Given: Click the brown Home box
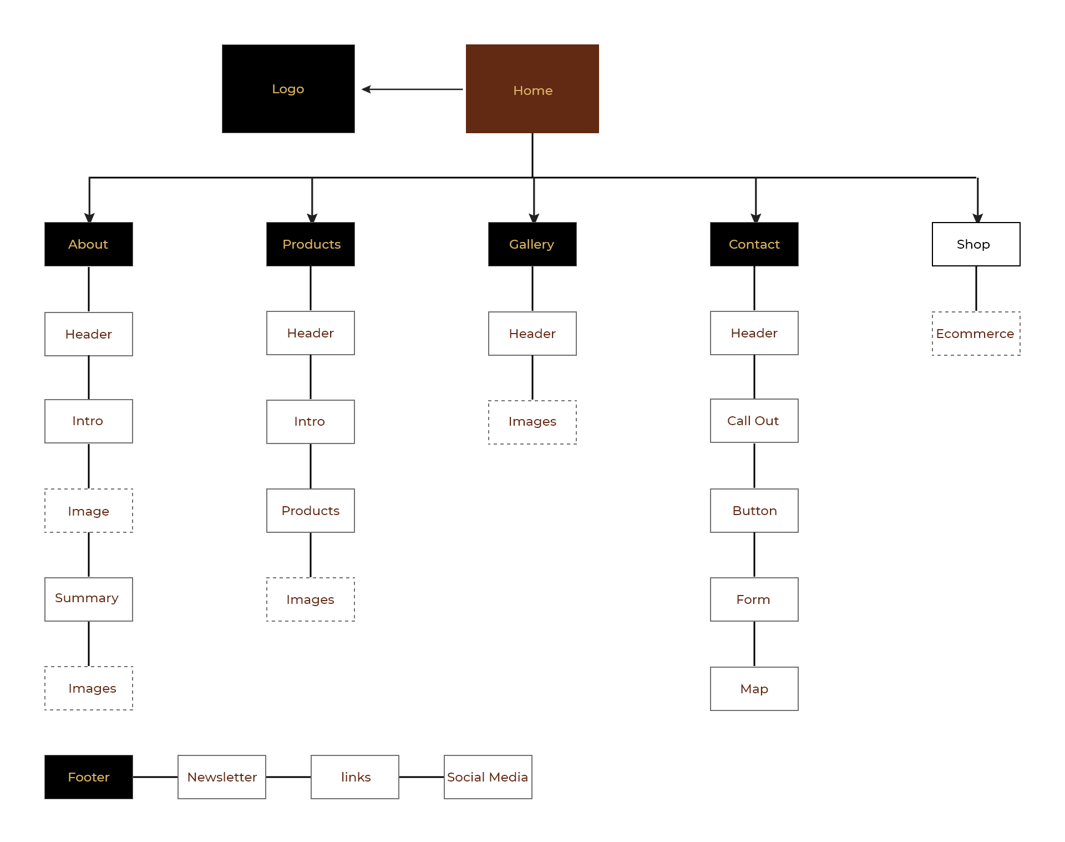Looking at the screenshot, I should (532, 89).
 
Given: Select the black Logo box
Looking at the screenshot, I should (288, 89).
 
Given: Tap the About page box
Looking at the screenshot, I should (89, 244).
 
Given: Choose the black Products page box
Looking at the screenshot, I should (311, 244).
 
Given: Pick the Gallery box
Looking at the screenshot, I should (532, 244).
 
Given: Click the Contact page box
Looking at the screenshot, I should (754, 244).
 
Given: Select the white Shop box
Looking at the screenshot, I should (976, 244).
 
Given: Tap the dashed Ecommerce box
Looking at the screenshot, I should (976, 334).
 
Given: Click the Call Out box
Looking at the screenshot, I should (754, 421).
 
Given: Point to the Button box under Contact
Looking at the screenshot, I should (754, 511).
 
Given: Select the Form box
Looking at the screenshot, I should (754, 599).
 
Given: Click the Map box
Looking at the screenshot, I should (754, 689).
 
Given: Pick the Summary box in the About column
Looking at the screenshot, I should (89, 599).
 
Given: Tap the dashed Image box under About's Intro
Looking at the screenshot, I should (89, 511).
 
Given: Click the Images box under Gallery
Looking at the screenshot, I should (532, 422).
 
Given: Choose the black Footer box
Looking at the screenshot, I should (89, 777).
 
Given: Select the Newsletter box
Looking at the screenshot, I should (222, 777).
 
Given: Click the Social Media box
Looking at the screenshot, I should (488, 777).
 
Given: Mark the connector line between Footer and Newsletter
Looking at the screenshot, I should (155, 777).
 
